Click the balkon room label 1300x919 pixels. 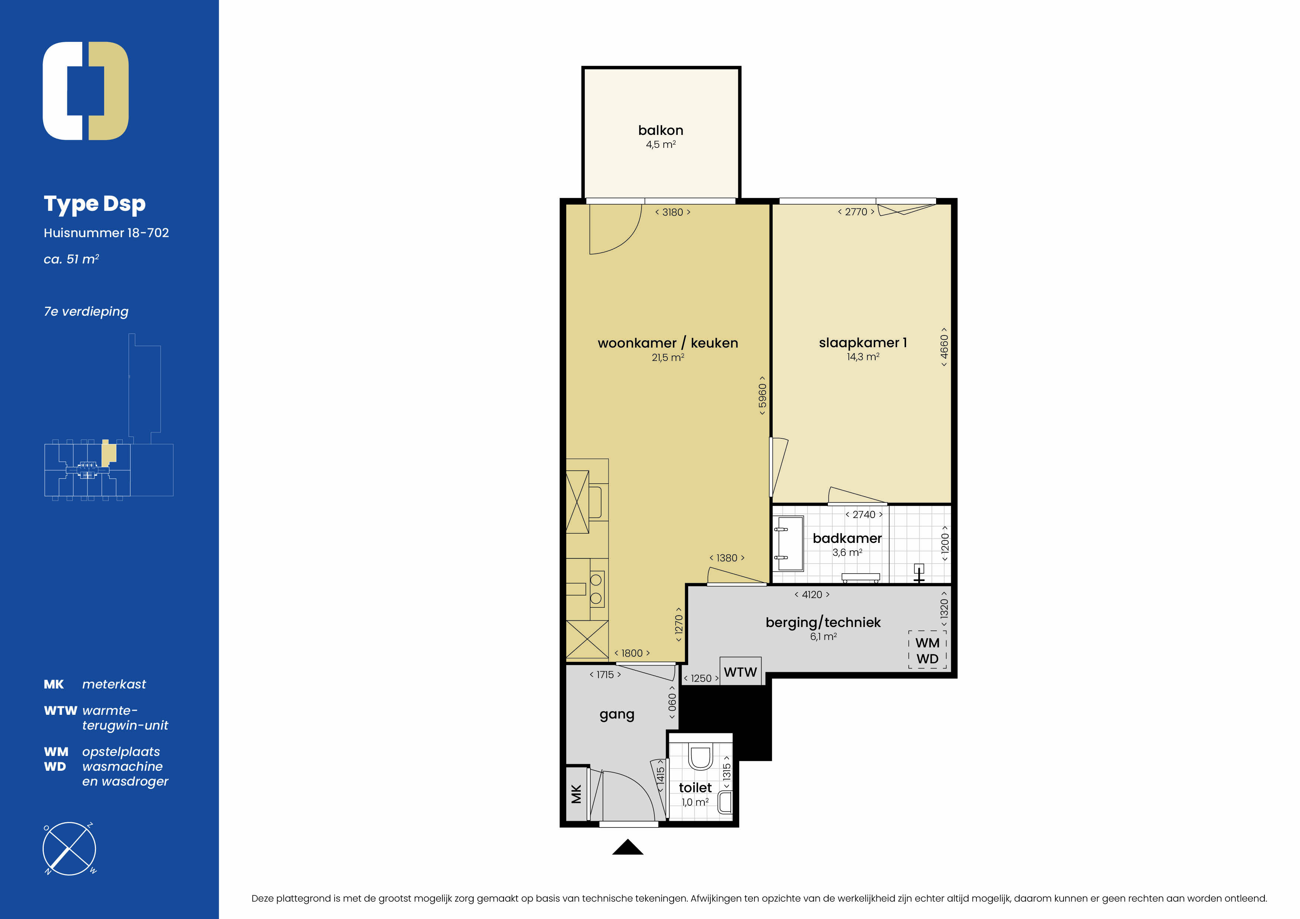(660, 130)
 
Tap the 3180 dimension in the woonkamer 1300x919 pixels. (673, 212)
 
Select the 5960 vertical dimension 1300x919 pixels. (763, 396)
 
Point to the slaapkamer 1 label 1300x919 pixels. (863, 342)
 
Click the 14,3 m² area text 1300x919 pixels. (863, 357)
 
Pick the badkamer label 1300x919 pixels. (847, 538)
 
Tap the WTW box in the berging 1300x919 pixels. (740, 671)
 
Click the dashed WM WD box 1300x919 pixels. (928, 650)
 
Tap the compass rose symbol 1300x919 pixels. (69, 848)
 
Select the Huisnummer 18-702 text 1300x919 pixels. (106, 233)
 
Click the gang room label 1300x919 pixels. (617, 714)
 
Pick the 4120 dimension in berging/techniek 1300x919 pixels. (812, 594)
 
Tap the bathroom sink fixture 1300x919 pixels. (789, 544)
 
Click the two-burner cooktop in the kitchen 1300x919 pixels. (596, 589)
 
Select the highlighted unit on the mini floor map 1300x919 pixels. (109, 453)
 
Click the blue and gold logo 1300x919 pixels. (86, 90)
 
